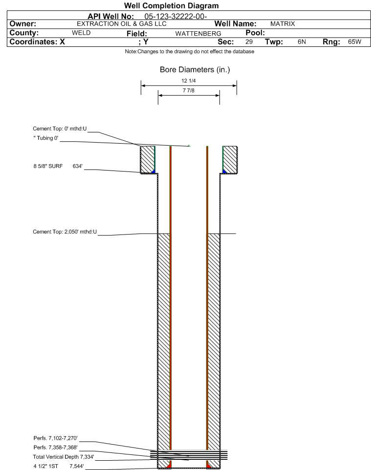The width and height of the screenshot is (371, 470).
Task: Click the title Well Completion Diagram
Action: tap(171, 5)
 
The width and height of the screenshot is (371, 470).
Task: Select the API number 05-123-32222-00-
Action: tap(175, 16)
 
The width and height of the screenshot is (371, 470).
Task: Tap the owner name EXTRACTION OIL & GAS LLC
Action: tap(122, 24)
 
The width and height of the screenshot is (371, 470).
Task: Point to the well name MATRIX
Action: tap(283, 24)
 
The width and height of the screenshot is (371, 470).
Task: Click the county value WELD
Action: tap(81, 33)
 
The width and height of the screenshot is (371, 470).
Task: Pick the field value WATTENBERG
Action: tap(198, 34)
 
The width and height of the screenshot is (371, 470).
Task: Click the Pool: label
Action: tap(255, 33)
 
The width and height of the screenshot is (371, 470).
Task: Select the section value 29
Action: tap(249, 42)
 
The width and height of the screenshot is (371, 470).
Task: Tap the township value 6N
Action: tap(302, 42)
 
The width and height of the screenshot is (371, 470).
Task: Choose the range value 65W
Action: tap(354, 42)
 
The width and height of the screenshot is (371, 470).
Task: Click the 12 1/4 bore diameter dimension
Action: tap(189, 81)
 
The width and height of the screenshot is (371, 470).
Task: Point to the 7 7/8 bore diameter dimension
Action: tap(189, 90)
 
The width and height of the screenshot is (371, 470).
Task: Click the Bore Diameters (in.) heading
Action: tap(195, 70)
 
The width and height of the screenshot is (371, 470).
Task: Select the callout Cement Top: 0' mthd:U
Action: tap(60, 129)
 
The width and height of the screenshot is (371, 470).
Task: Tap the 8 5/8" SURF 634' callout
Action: tap(58, 166)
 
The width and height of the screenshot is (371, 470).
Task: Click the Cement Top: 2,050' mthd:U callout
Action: tap(65, 232)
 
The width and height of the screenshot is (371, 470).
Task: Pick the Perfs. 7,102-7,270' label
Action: tap(56, 438)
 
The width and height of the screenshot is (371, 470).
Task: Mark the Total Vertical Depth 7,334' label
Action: tap(64, 457)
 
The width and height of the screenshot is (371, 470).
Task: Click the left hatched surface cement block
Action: tap(148, 159)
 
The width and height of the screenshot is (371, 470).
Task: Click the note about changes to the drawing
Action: tap(190, 52)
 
